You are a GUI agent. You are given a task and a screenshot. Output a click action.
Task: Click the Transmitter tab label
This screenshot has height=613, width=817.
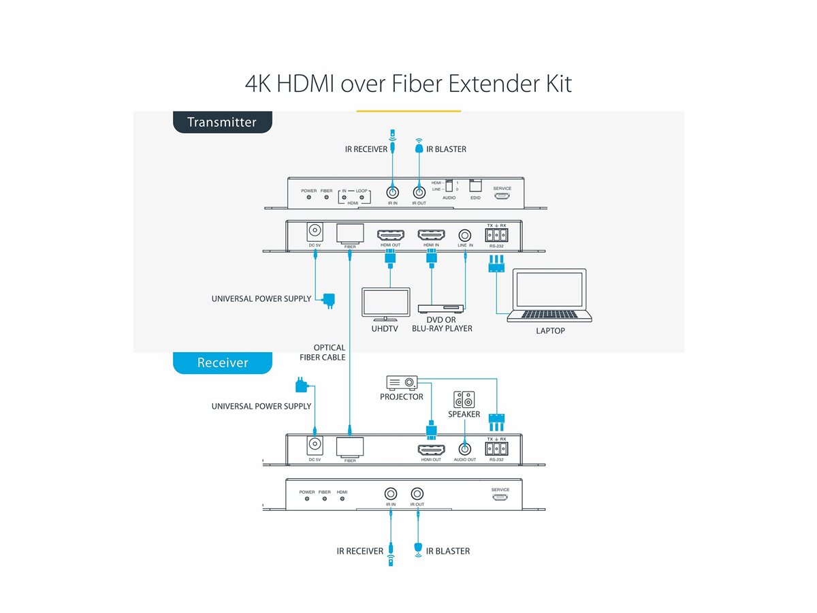[222, 123]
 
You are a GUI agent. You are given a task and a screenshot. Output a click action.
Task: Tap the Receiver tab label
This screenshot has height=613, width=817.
[223, 363]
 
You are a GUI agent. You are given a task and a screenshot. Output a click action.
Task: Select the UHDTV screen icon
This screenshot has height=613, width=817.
[386, 304]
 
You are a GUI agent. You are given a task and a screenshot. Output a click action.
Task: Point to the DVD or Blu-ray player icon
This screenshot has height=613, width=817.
[441, 308]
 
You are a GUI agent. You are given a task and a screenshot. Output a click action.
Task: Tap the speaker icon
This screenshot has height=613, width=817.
[464, 399]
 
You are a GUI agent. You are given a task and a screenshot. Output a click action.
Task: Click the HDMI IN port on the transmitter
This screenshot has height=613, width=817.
[431, 236]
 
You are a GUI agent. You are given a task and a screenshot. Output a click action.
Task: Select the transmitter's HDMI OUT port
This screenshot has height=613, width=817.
[391, 236]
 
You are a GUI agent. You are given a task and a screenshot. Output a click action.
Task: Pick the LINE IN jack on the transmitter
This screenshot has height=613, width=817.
[466, 236]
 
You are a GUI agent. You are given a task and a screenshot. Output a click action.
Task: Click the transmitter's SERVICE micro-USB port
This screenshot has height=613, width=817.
[502, 196]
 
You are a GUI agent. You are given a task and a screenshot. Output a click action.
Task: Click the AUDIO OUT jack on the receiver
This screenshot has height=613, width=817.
[464, 449]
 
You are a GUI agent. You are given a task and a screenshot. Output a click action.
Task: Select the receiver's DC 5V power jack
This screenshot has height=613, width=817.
[315, 445]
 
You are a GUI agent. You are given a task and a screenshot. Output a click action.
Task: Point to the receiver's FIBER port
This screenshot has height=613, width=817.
[350, 447]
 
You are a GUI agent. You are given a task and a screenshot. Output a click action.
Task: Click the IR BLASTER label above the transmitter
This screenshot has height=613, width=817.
[446, 149]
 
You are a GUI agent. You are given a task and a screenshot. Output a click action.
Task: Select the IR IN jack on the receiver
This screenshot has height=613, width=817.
[391, 494]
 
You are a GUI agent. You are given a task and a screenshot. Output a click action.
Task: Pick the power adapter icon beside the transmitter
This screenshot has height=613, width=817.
[329, 300]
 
